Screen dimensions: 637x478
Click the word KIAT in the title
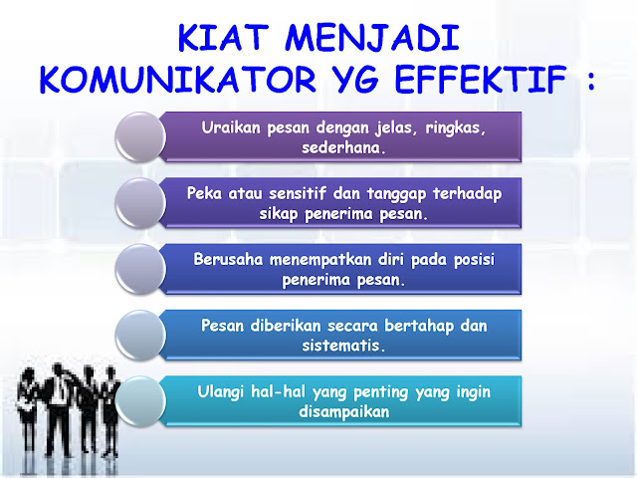tap(223, 38)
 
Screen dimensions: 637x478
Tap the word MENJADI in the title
tap(372, 38)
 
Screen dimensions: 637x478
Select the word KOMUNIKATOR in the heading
tap(178, 79)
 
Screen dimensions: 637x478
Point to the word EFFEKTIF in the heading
tap(480, 79)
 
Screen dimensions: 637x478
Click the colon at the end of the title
tap(590, 80)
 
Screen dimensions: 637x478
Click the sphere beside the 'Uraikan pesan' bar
tap(140, 137)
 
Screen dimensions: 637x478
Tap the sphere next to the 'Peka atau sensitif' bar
tap(140, 203)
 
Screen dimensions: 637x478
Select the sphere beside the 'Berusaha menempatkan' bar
tap(140, 269)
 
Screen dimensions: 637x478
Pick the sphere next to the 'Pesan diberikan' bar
tap(140, 335)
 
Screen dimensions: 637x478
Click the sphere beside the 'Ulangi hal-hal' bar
tap(140, 401)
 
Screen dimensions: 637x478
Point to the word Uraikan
tap(231, 127)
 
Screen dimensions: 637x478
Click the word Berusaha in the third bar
tap(228, 259)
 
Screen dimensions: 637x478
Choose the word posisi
tap(474, 260)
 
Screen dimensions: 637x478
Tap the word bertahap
tap(419, 326)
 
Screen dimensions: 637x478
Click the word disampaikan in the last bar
tap(344, 411)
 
